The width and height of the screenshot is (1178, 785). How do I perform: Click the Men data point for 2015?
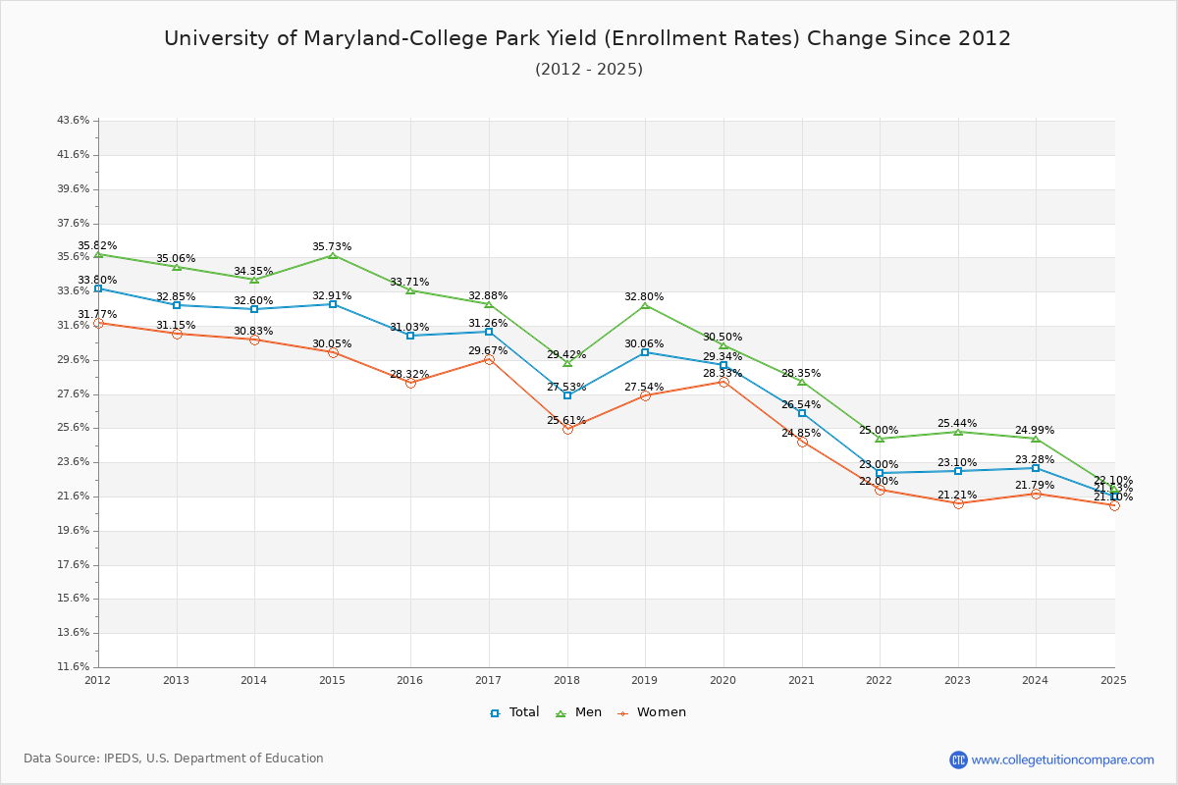(333, 255)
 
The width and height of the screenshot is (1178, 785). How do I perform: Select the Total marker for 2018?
(567, 395)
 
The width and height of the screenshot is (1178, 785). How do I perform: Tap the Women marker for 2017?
(489, 359)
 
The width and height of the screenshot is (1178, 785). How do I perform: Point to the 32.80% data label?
(644, 296)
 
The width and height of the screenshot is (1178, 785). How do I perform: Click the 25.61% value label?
(566, 420)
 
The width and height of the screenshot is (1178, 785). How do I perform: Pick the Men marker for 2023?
(958, 432)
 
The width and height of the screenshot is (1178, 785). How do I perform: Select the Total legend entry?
(515, 712)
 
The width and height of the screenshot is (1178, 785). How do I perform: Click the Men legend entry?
(579, 712)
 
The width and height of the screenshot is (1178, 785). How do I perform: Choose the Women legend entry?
(652, 712)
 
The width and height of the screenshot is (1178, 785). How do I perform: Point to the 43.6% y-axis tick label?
(74, 121)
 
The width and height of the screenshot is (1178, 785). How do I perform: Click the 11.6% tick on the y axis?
(74, 667)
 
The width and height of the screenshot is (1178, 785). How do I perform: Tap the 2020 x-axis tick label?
(723, 679)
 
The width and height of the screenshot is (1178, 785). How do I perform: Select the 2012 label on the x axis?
(98, 679)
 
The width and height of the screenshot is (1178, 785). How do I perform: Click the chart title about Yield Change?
(587, 38)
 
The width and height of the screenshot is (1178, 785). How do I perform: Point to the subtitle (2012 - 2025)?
(589, 70)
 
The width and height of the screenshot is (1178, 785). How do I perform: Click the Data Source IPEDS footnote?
(174, 759)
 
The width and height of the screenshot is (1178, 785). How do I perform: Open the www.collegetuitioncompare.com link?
(1062, 759)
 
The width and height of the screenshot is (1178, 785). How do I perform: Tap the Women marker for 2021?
(802, 442)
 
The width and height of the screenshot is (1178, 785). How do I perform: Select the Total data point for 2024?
(1036, 468)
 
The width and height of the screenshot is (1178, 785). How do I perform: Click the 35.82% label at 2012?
(97, 245)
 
